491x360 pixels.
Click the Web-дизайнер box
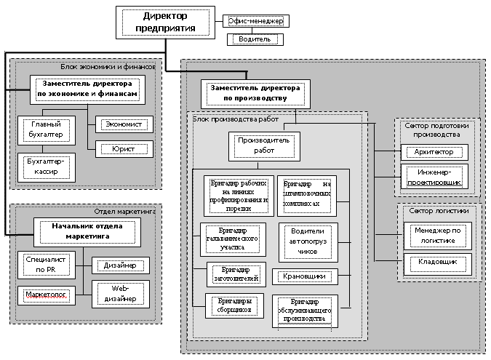tap(120, 294)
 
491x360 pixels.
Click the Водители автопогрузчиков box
tap(306, 243)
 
